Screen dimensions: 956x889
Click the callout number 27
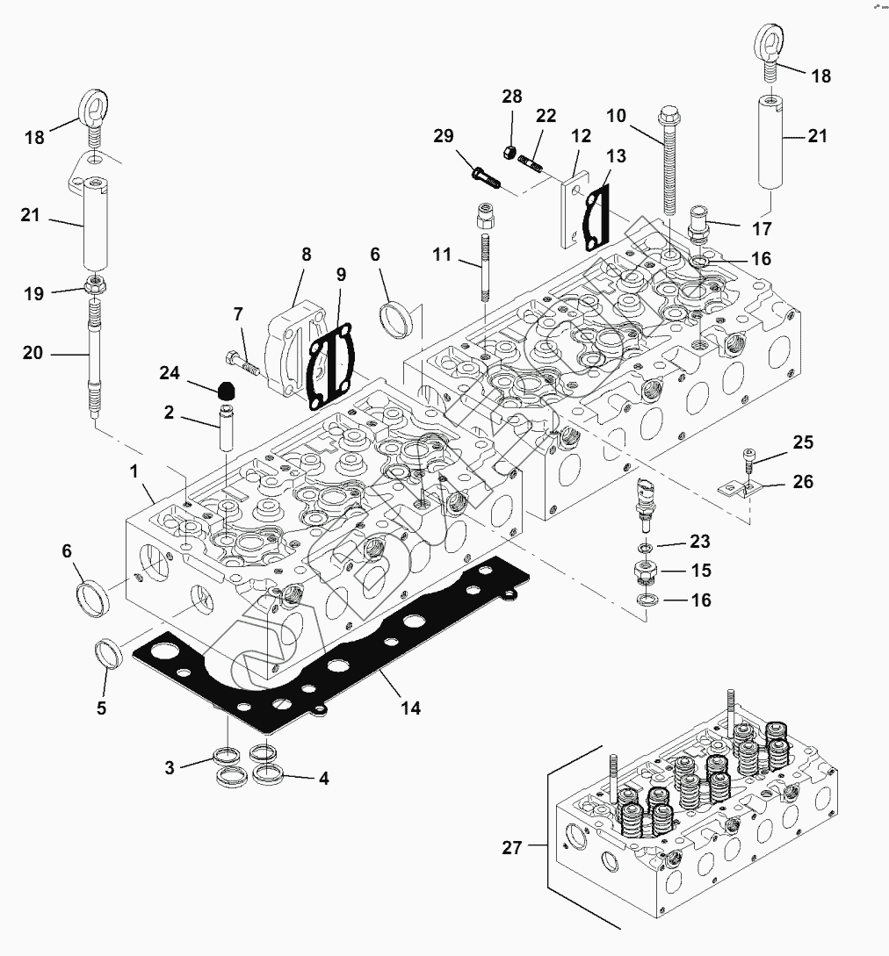pyautogui.click(x=511, y=847)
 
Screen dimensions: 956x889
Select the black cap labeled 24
pyautogui.click(x=227, y=390)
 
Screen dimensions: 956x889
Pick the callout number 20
pyautogui.click(x=32, y=354)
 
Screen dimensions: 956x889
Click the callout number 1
pyautogui.click(x=134, y=471)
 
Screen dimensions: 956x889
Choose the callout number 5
pyautogui.click(x=101, y=708)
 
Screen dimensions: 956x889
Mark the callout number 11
pyautogui.click(x=442, y=255)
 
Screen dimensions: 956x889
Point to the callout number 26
pyautogui.click(x=803, y=482)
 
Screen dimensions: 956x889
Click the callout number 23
pyautogui.click(x=699, y=542)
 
